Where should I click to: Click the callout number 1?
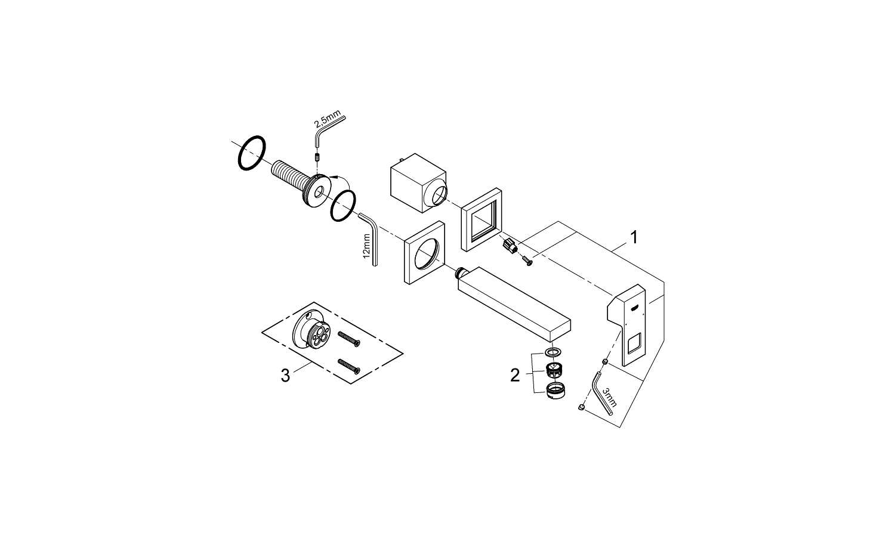pyautogui.click(x=634, y=237)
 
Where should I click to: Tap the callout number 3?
pyautogui.click(x=285, y=376)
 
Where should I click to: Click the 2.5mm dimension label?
pyautogui.click(x=327, y=119)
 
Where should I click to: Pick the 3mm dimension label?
pyautogui.click(x=609, y=396)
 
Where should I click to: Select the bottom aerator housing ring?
pyautogui.click(x=555, y=391)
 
